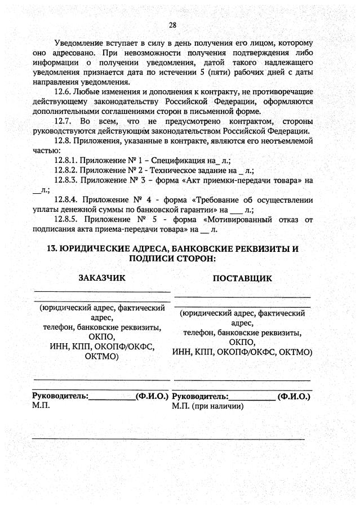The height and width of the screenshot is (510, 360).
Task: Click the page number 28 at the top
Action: pyautogui.click(x=172, y=24)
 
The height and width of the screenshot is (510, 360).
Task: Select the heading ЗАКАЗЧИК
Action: pyautogui.click(x=102, y=278)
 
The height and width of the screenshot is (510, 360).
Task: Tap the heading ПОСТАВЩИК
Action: pyautogui.click(x=242, y=278)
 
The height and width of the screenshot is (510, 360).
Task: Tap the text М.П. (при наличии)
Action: pyautogui.click(x=208, y=406)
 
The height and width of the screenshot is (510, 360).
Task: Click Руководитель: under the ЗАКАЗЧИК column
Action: pyautogui.click(x=60, y=396)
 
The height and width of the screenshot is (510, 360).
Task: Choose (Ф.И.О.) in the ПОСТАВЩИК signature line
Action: pyautogui.click(x=294, y=396)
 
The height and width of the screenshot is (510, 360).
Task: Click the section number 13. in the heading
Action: pyautogui.click(x=52, y=249)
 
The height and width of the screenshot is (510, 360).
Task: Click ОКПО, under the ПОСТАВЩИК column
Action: pyautogui.click(x=242, y=343)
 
